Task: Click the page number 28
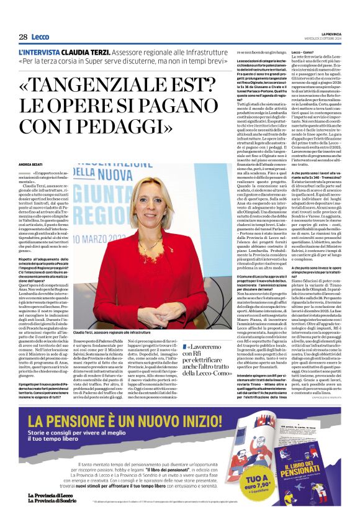(23, 37)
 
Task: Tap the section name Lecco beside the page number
(40, 37)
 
